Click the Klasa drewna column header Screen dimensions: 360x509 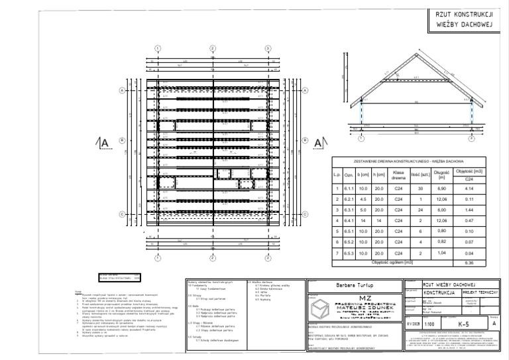click(380, 175)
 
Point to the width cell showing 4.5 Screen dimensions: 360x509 click(364, 200)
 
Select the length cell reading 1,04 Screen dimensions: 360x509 click(425, 253)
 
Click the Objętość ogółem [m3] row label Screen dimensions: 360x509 click(393, 263)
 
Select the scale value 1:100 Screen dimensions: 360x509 click(430, 324)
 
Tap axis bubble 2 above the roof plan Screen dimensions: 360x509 click(213, 48)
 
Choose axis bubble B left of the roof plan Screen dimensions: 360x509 click(122, 141)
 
